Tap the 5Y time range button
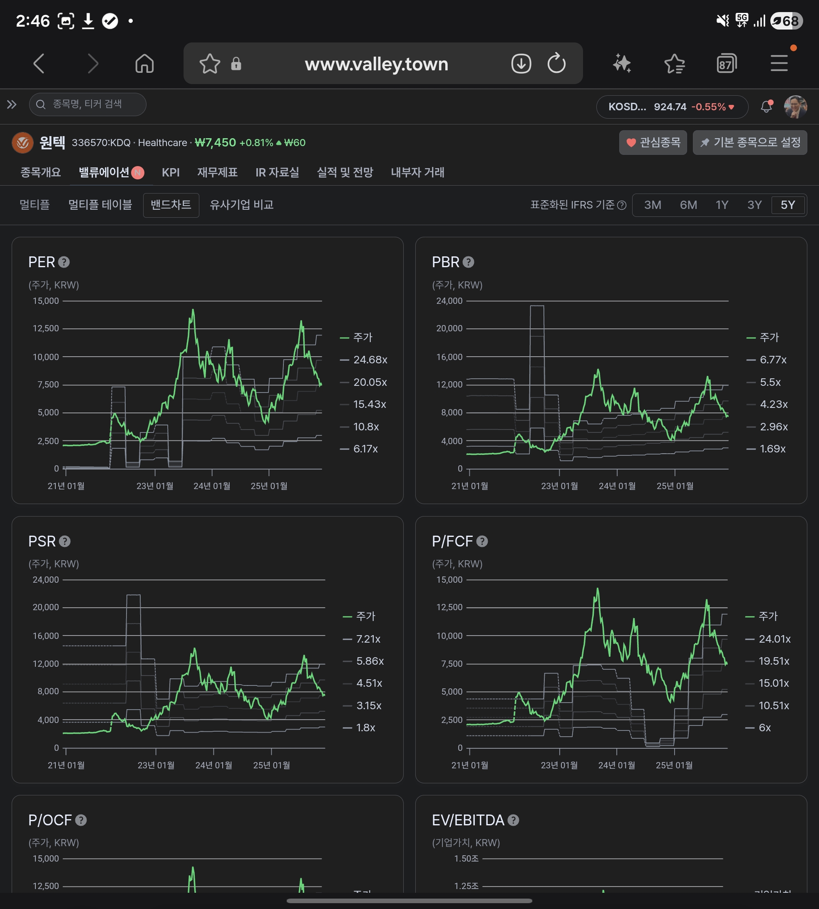tap(787, 205)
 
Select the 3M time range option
tap(653, 205)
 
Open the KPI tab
tap(171, 172)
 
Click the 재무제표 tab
tap(217, 172)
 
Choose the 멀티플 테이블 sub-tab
tap(100, 205)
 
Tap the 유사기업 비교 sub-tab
tap(242, 205)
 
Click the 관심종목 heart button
tap(653, 143)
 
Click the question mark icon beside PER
tap(64, 262)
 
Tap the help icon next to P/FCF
tap(482, 541)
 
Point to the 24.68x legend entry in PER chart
tap(364, 360)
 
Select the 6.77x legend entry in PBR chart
tap(766, 360)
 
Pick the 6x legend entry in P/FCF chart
tap(758, 728)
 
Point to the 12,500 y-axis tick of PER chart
tap(45, 328)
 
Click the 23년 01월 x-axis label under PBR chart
tap(559, 486)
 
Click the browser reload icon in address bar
tap(557, 63)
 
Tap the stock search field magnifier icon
tap(40, 104)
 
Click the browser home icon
tap(144, 63)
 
